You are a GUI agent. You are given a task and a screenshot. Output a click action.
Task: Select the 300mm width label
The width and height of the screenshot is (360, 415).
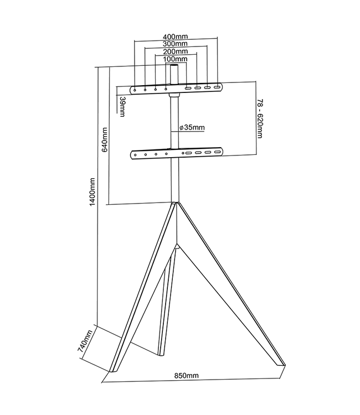[176, 44]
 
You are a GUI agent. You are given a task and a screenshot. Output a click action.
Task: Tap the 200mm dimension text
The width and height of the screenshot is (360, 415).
[176, 51]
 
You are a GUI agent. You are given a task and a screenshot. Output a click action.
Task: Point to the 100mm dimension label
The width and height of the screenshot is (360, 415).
[176, 59]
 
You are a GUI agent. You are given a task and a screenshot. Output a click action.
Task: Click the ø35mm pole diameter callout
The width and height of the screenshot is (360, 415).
[192, 128]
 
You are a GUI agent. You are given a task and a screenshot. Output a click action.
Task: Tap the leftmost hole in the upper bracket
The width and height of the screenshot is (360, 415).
[135, 89]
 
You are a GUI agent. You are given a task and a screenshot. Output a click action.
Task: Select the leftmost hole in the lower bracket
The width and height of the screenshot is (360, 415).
[135, 156]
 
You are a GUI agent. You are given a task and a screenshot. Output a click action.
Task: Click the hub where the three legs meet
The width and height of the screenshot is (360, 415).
[176, 207]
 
